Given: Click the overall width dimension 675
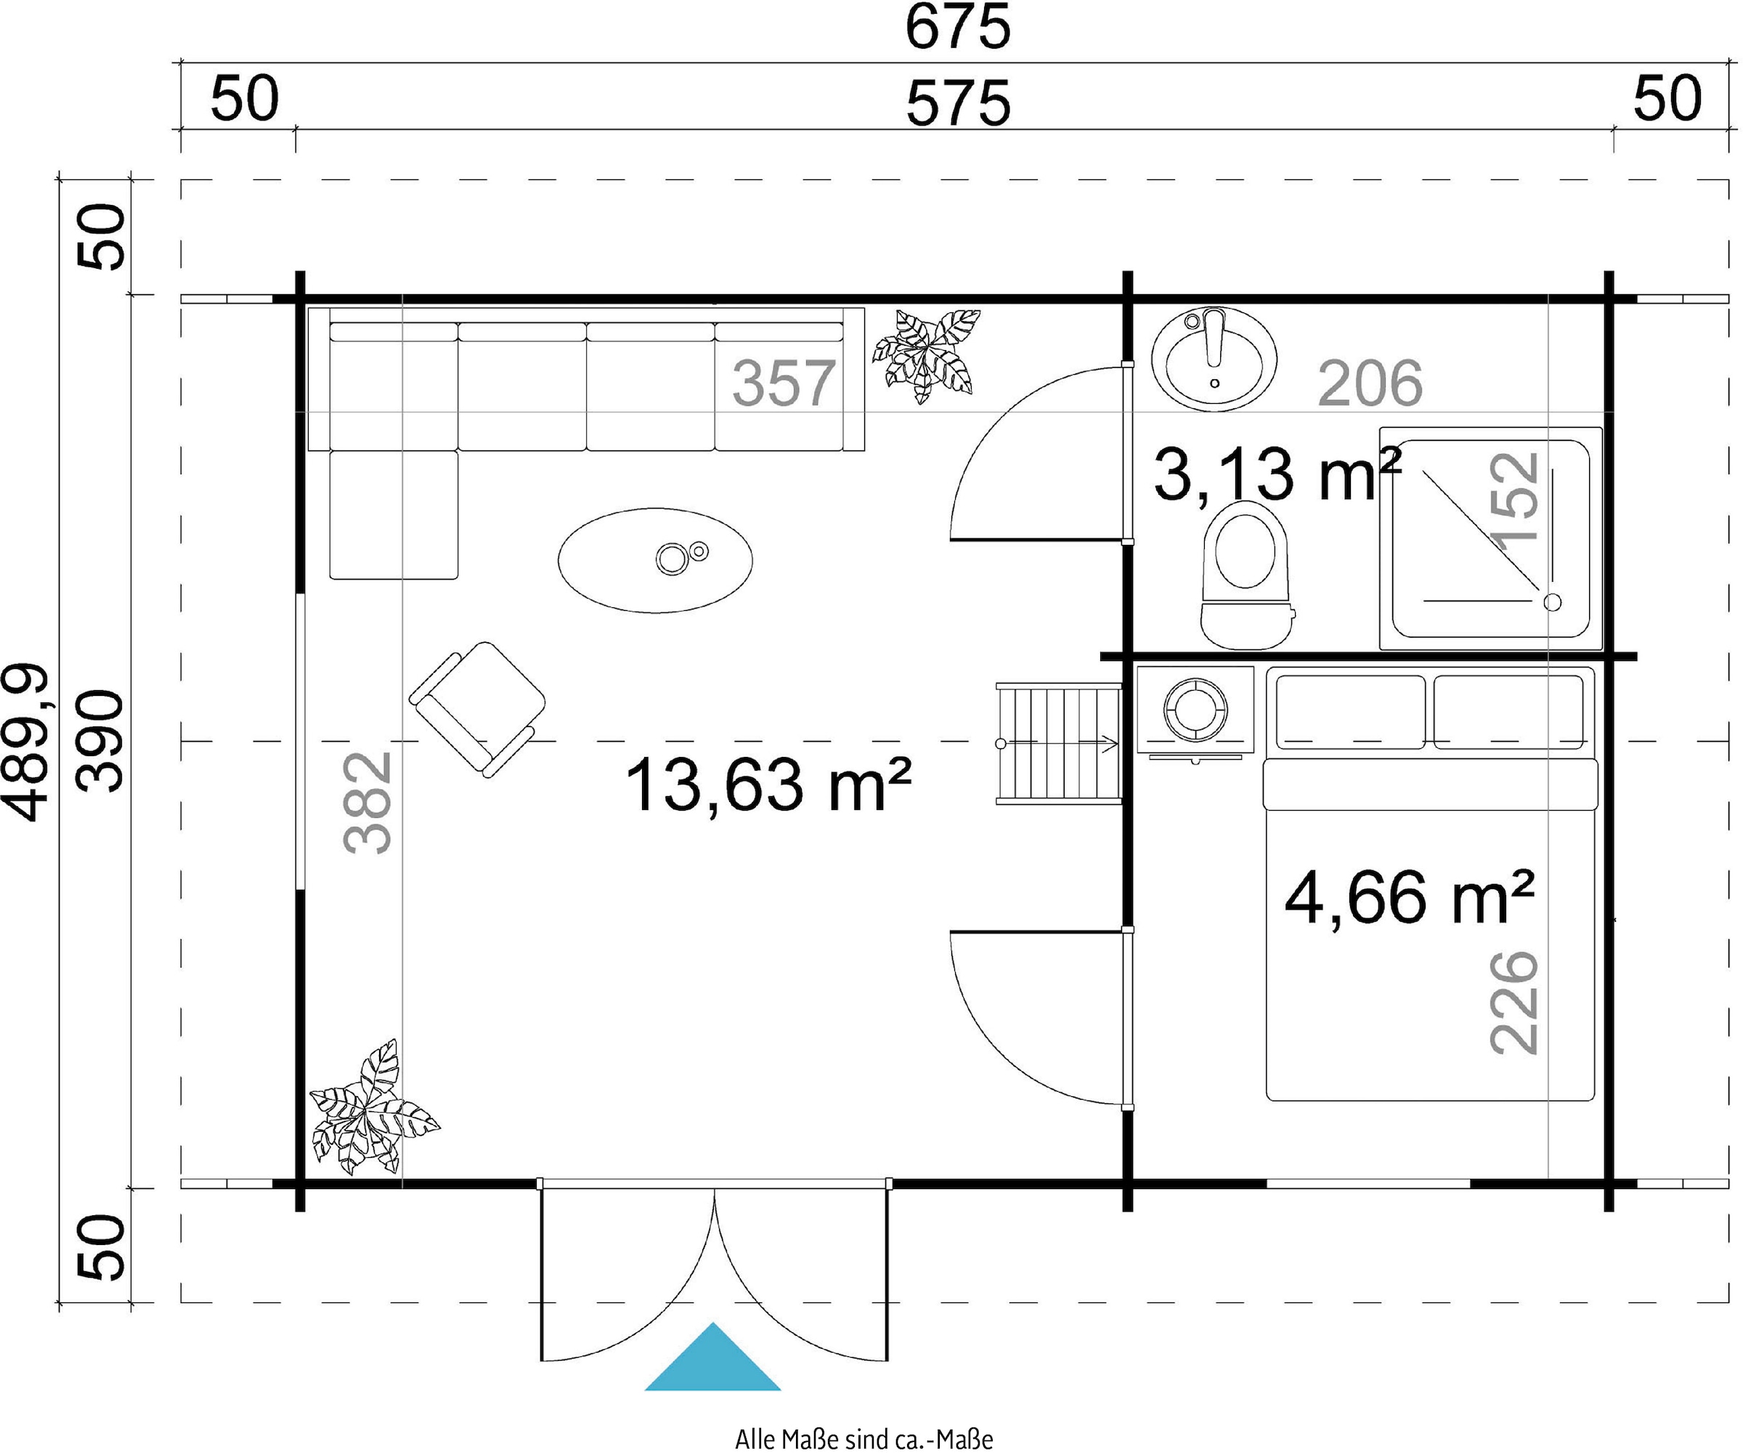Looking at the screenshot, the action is (958, 27).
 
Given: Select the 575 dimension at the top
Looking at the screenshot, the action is (958, 104).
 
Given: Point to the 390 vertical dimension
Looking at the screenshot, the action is (99, 741).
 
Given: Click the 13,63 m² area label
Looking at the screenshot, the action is (768, 785).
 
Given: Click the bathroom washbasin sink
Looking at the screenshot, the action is (1214, 360).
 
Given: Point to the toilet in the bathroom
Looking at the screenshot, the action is (1246, 575).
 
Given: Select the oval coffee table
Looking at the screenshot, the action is (655, 560).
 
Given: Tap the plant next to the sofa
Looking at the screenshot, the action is (925, 355).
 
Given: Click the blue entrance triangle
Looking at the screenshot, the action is (712, 1358).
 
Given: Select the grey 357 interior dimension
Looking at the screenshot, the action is (784, 384).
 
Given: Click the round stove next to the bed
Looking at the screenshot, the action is (1195, 710).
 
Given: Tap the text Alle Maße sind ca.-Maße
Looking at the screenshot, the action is (864, 1439).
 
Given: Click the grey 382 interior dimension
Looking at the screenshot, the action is (367, 803).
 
